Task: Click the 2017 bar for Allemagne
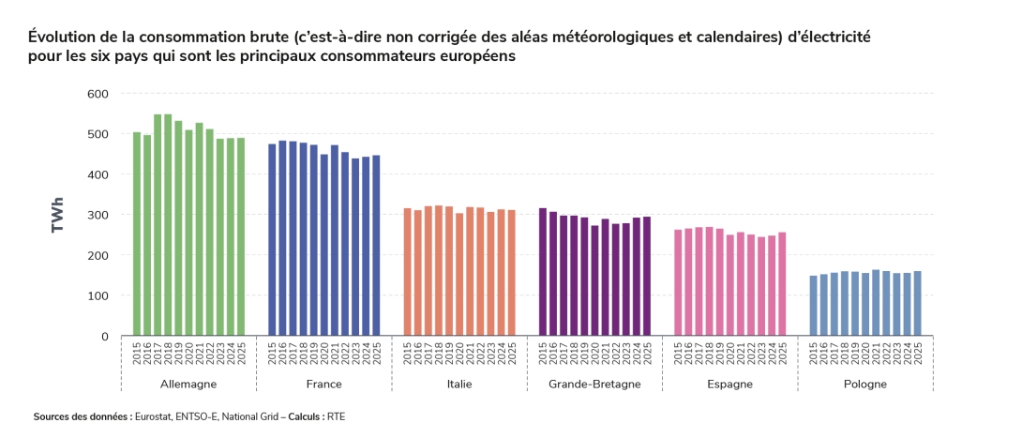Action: click(x=158, y=225)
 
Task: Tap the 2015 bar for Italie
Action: click(x=408, y=272)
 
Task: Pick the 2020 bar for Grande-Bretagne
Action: click(x=594, y=280)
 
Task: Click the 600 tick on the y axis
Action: click(x=98, y=94)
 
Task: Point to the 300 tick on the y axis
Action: click(x=98, y=215)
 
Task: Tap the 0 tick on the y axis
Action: click(x=104, y=336)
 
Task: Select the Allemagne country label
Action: click(x=188, y=385)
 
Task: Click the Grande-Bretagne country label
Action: click(x=594, y=385)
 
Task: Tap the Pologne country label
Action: click(x=865, y=385)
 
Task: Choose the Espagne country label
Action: click(x=729, y=385)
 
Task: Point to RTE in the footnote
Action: click(x=337, y=415)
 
